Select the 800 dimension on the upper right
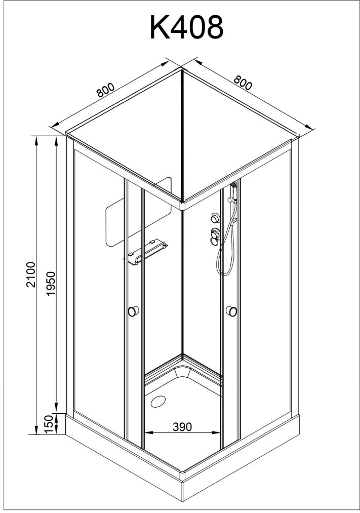click(x=243, y=83)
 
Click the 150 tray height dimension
click(x=49, y=423)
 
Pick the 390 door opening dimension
click(x=182, y=427)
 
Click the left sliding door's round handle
click(x=134, y=311)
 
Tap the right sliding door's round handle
click(x=232, y=310)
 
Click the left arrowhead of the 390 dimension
click(x=147, y=432)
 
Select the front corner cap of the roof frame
click(x=182, y=205)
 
